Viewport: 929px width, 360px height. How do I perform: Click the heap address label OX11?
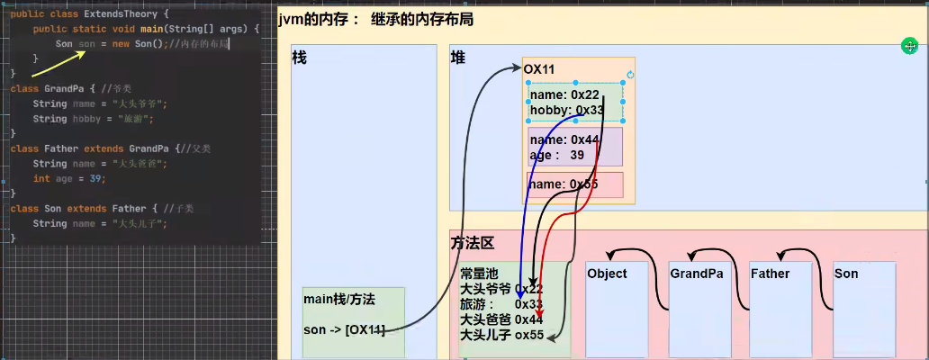tap(538, 68)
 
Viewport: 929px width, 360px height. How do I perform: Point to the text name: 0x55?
tap(564, 184)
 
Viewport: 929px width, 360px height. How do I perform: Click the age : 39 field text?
tap(557, 155)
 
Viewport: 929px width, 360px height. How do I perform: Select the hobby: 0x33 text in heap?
tap(566, 110)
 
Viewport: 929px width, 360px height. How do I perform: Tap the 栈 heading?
tap(300, 58)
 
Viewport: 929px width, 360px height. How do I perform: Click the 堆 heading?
tap(458, 58)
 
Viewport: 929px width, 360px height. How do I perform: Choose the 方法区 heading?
tap(472, 243)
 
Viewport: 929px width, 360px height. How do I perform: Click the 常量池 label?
tap(478, 274)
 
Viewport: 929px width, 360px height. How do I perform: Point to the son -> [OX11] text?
tap(344, 330)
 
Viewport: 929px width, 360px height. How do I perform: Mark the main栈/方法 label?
tap(338, 299)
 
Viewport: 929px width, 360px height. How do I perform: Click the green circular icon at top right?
tap(911, 46)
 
